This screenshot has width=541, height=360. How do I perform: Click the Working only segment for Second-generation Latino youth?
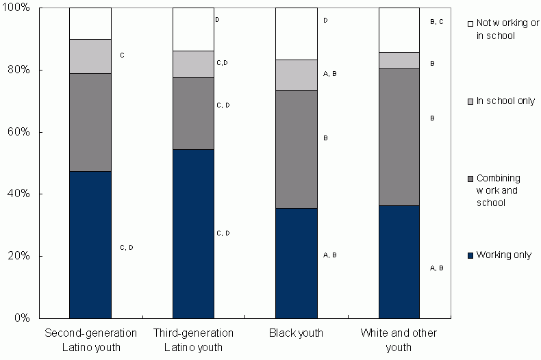90,244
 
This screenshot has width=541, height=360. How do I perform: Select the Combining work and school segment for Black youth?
296,149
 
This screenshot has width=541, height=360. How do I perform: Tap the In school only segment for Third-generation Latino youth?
193,64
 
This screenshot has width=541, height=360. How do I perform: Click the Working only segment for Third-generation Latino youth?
193,233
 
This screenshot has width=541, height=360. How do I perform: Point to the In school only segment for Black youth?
296,75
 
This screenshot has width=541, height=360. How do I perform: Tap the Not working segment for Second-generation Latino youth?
90,24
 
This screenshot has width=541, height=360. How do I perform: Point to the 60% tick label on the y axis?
21,132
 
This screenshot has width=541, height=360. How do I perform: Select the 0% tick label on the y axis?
23,318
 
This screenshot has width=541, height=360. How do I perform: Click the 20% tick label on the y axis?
21,256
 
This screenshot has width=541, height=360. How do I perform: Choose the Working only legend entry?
503,255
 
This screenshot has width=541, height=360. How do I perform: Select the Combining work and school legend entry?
503,190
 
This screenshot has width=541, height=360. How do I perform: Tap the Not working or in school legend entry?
503,29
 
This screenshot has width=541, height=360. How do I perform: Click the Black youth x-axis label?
296,333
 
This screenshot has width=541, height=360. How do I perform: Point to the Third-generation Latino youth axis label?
193,340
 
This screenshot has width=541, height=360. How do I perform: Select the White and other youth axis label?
399,340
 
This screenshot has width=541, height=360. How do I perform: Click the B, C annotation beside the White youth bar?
436,22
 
